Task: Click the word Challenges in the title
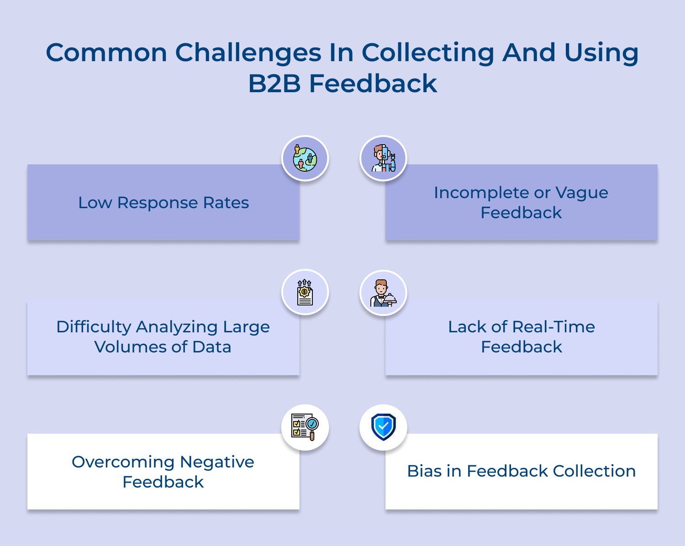coord(248,53)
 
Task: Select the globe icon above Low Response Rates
coord(305,159)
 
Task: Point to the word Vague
coord(581,193)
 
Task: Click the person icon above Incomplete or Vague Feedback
coord(383,158)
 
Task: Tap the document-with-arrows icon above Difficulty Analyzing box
coord(305,293)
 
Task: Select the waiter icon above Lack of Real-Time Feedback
coord(383,293)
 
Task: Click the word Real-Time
coord(553,327)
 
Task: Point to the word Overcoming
coord(123,462)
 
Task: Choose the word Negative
coord(217,462)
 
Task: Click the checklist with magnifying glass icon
coord(305,427)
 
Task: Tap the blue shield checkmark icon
coord(383,427)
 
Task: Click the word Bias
coord(424,471)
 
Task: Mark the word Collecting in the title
coord(428,53)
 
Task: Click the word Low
coord(95,203)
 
